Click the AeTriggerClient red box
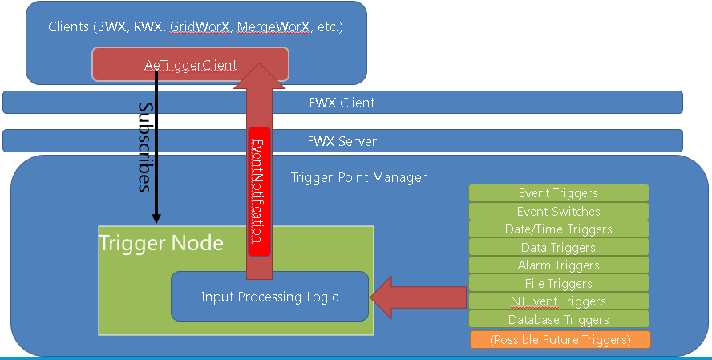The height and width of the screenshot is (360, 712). tap(191, 64)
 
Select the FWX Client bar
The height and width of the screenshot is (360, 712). tap(342, 103)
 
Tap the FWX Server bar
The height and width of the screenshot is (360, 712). tap(342, 141)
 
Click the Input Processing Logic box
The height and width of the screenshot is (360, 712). tap(269, 297)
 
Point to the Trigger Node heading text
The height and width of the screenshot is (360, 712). tap(161, 242)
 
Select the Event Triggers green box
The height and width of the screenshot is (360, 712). tap(558, 193)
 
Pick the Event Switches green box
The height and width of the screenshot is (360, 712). tap(558, 212)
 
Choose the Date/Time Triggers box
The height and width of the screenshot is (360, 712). tap(558, 229)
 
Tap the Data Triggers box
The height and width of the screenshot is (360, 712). tap(558, 248)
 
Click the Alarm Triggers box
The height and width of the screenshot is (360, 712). tap(558, 265)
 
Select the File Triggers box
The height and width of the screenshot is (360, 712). tap(558, 283)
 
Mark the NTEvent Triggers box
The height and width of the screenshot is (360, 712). tap(558, 301)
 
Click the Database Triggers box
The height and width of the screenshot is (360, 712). tap(558, 320)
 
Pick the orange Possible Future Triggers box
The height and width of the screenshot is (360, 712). tap(560, 339)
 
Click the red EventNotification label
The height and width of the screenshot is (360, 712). tap(257, 192)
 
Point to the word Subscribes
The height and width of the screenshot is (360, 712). tap(145, 147)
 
